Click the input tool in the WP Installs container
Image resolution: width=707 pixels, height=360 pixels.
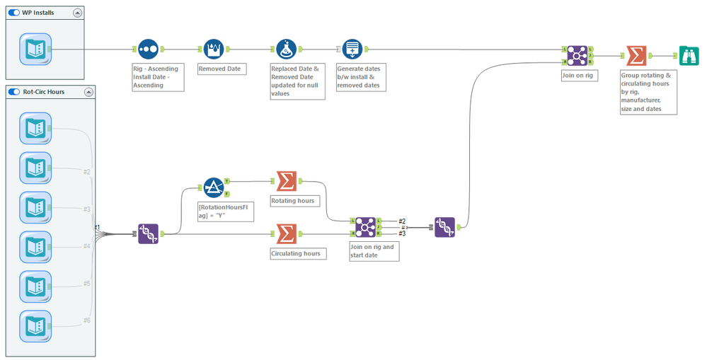click(x=35, y=50)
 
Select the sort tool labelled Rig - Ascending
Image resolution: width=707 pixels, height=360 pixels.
click(x=148, y=50)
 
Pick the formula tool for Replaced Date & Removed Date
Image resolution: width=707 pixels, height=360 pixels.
click(x=286, y=50)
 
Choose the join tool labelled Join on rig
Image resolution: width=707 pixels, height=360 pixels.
click(x=577, y=55)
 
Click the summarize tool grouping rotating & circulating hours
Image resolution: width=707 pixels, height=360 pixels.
click(x=635, y=55)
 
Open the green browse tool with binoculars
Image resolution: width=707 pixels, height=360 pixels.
click(x=688, y=55)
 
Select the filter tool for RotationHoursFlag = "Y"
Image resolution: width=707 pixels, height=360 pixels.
click(x=214, y=187)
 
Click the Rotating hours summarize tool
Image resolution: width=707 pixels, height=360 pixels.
click(x=286, y=182)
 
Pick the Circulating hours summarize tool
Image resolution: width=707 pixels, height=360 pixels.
click(x=286, y=233)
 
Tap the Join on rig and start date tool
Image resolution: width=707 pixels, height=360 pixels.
click(x=365, y=227)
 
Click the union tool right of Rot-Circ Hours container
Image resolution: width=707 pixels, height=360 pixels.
click(x=148, y=233)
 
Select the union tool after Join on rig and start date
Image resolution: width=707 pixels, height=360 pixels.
click(x=444, y=227)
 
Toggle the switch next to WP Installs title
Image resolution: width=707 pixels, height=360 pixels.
click(x=14, y=12)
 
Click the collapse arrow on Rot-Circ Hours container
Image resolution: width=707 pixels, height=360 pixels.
click(x=88, y=92)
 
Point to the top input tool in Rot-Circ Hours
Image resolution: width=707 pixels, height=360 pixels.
click(x=35, y=129)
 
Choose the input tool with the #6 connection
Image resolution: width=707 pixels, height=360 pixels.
click(x=35, y=326)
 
